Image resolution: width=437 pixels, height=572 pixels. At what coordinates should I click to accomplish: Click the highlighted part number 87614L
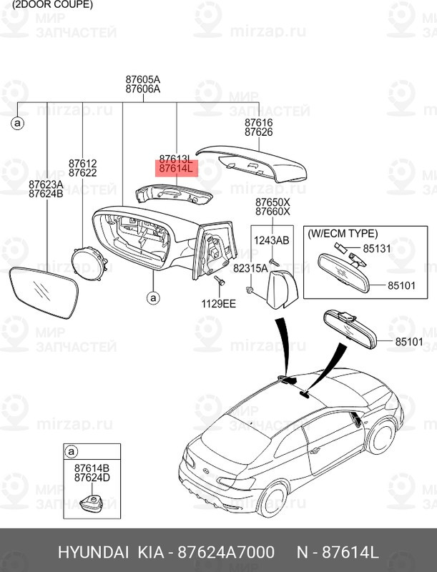click(176, 169)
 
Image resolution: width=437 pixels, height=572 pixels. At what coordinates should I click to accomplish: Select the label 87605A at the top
click(142, 79)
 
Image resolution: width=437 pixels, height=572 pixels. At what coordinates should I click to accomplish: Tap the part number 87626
click(258, 133)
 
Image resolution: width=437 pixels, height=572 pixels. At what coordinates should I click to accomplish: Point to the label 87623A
click(46, 184)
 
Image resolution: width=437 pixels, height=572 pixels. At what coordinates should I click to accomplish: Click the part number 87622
click(82, 174)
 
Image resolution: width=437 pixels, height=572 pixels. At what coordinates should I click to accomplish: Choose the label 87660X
click(272, 212)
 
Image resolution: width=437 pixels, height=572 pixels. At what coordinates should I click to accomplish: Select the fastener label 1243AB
click(272, 240)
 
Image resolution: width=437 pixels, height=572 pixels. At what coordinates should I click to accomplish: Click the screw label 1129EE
click(219, 304)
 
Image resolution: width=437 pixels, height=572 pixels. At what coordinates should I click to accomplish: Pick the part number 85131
click(378, 250)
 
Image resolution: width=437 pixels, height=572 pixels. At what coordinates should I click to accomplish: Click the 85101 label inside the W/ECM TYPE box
click(403, 285)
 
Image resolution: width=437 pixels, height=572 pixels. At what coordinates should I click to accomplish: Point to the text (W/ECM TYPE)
click(343, 233)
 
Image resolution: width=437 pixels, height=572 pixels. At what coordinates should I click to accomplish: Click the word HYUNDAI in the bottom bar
click(90, 553)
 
